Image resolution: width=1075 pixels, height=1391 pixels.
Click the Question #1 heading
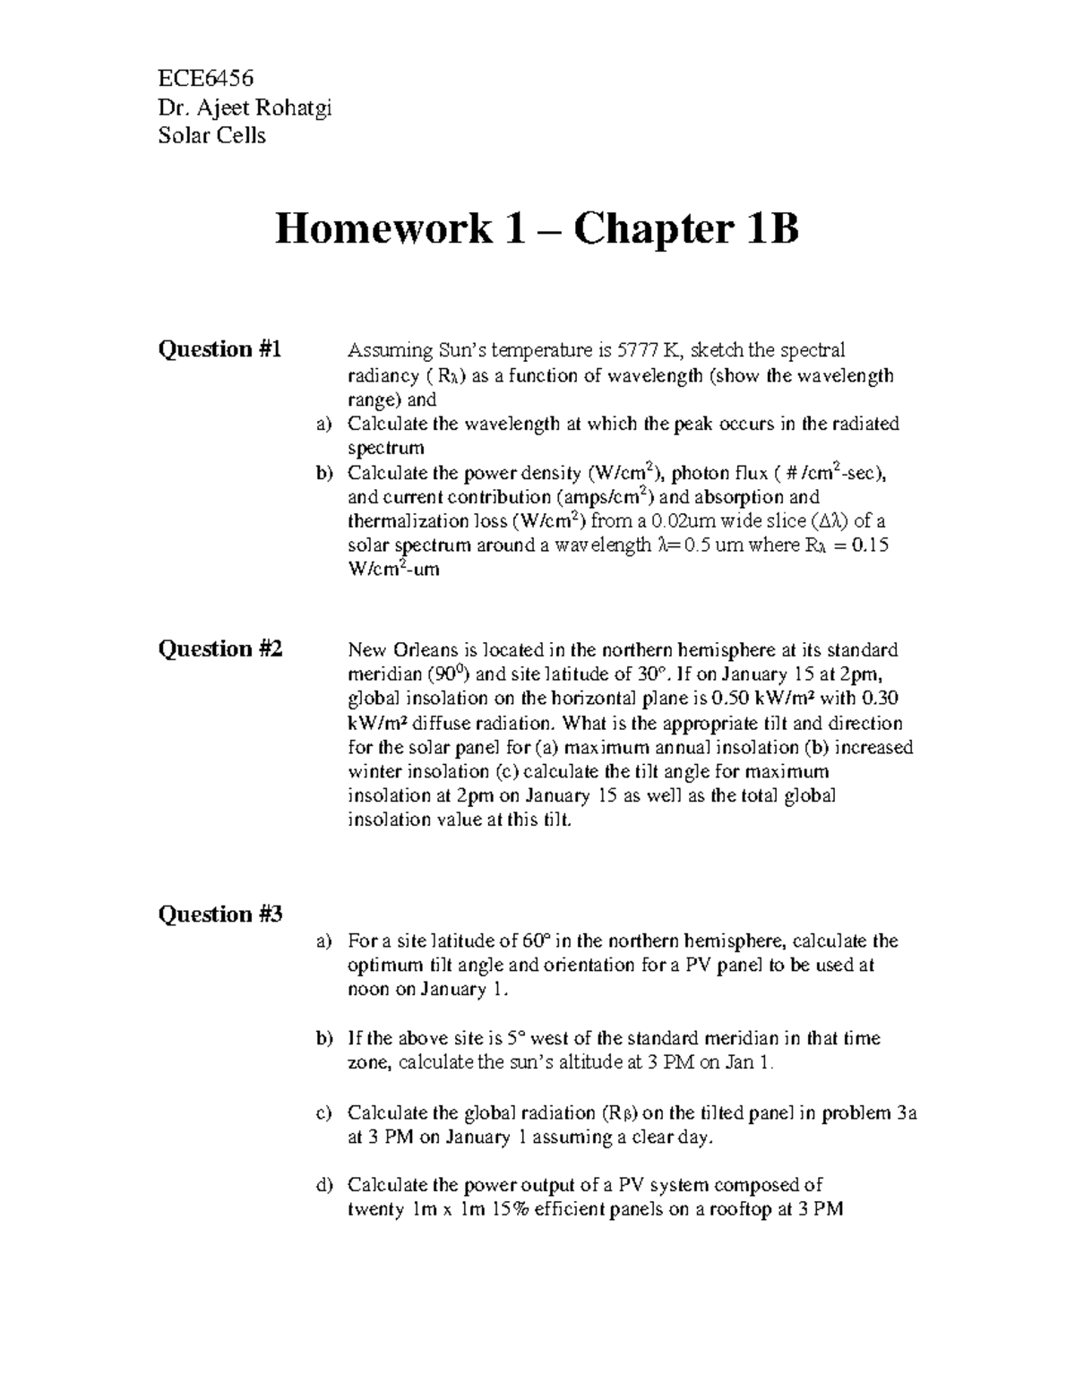(219, 349)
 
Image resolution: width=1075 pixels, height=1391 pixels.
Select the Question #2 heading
(220, 649)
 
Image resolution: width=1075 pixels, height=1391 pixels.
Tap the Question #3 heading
(220, 914)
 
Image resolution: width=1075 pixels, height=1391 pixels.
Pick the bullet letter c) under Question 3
(323, 1113)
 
